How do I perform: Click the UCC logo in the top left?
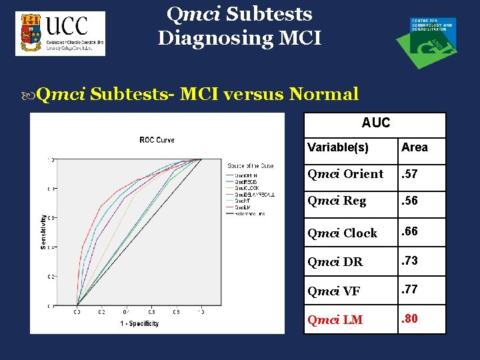pyautogui.click(x=60, y=34)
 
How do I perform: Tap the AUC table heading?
pyautogui.click(x=375, y=123)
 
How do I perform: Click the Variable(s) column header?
pyautogui.click(x=338, y=147)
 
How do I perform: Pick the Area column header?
pyautogui.click(x=415, y=147)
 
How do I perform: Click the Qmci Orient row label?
pyautogui.click(x=345, y=174)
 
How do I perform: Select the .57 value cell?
pyautogui.click(x=409, y=174)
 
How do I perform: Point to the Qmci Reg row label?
pyautogui.click(x=337, y=201)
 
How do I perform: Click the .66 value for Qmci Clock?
pyautogui.click(x=410, y=231)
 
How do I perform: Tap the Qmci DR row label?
pyautogui.click(x=335, y=261)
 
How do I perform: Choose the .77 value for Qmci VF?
pyautogui.click(x=409, y=289)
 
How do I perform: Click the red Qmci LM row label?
pyautogui.click(x=335, y=319)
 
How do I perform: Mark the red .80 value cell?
pyautogui.click(x=410, y=319)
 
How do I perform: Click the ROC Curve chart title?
pyautogui.click(x=157, y=139)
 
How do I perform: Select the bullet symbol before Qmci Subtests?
pyautogui.click(x=31, y=95)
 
